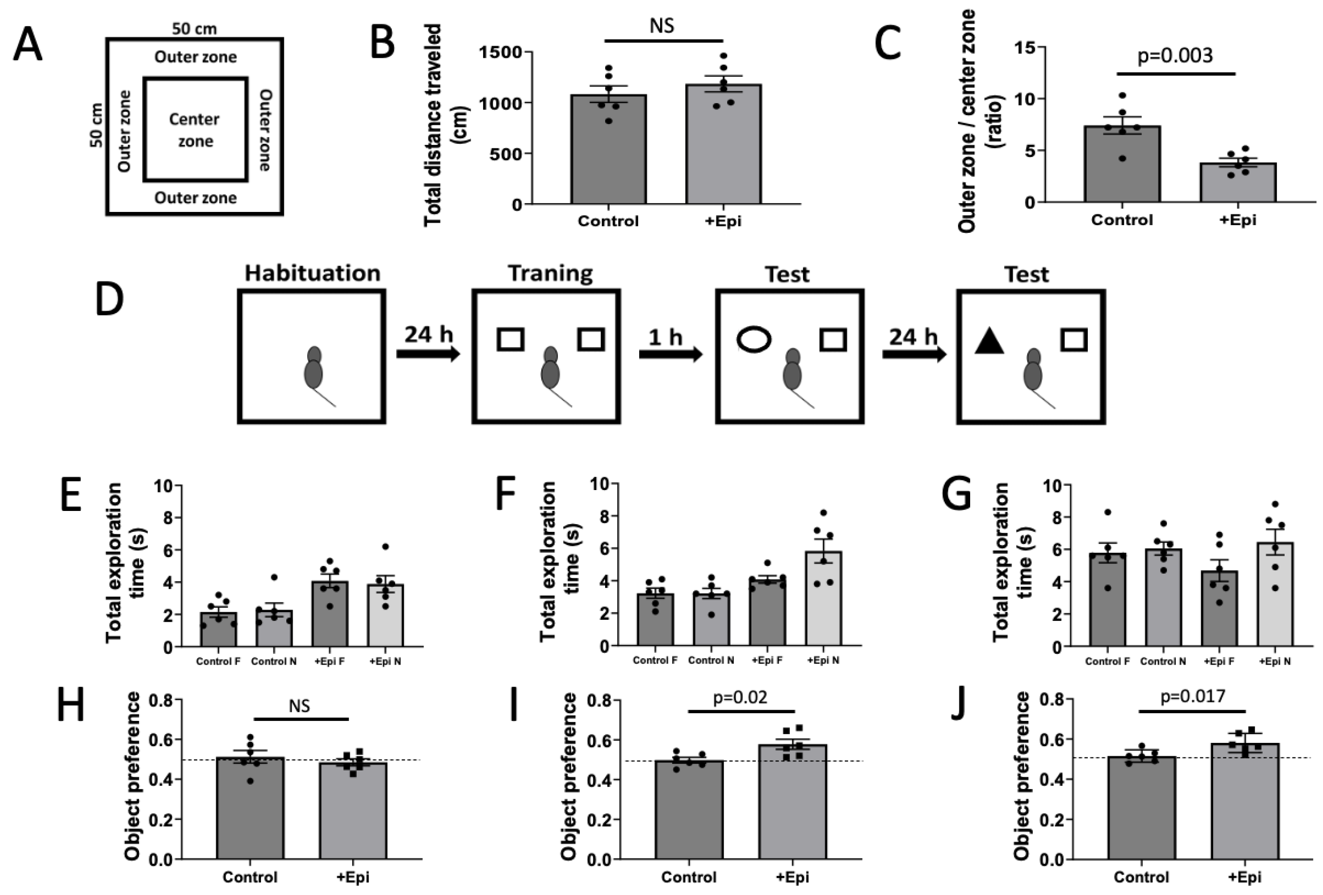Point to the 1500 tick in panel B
(501, 53)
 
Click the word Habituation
(313, 273)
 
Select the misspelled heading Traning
(550, 273)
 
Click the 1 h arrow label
(665, 337)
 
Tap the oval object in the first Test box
(754, 339)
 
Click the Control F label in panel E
(218, 662)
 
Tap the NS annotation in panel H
(299, 706)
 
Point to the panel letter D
(109, 300)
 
